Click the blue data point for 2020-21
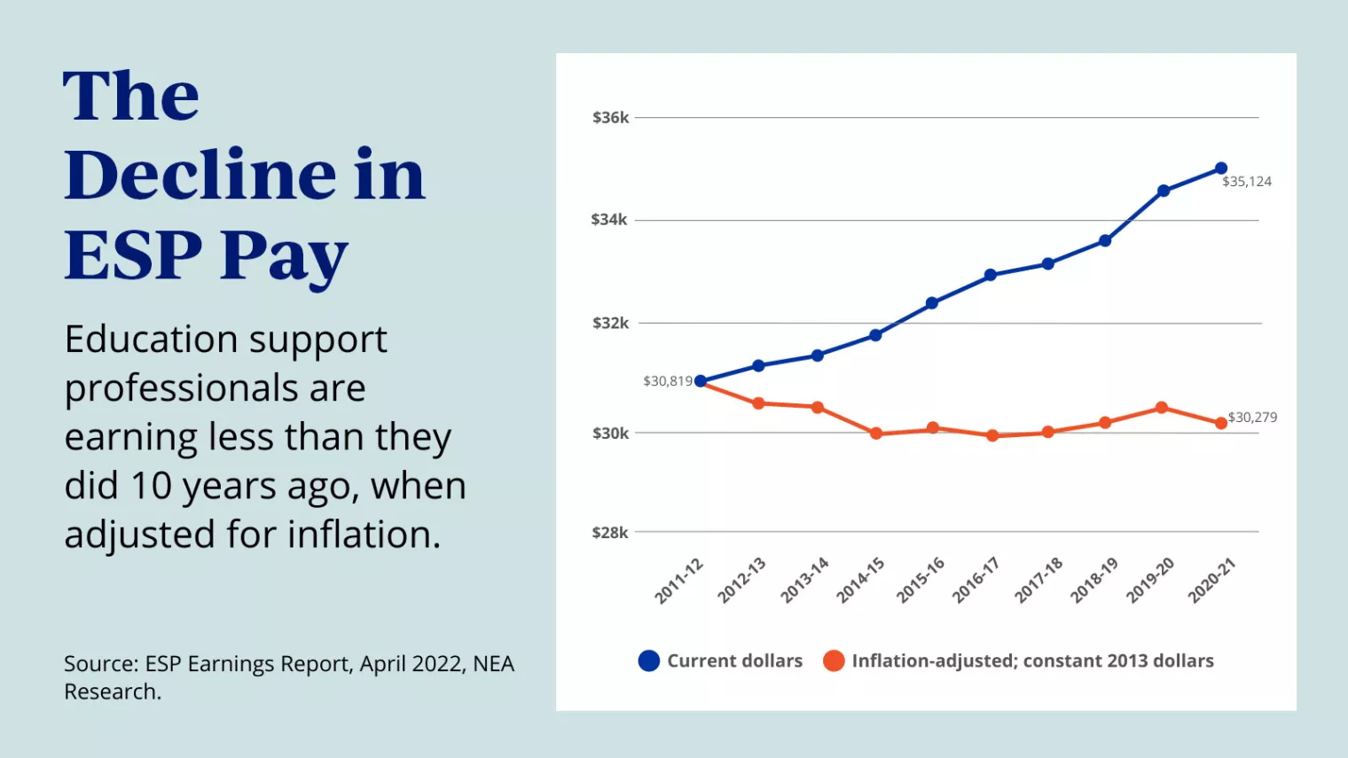[x=1221, y=168]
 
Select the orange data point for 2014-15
[x=876, y=434]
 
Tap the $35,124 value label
[x=1247, y=182]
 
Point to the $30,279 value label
[x=1252, y=418]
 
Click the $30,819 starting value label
[x=668, y=381]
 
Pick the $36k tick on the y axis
[x=610, y=118]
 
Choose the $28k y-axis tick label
[x=610, y=533]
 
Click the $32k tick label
[x=610, y=324]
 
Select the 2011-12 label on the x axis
[x=679, y=581]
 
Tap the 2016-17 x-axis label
[x=976, y=581]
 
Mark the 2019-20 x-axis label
[x=1150, y=581]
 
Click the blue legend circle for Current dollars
[x=649, y=661]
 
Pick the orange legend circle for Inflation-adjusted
[x=834, y=661]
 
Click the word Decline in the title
[x=200, y=176]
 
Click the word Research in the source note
[x=112, y=692]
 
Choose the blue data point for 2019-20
[x=1164, y=191]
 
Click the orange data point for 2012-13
[x=758, y=403]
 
